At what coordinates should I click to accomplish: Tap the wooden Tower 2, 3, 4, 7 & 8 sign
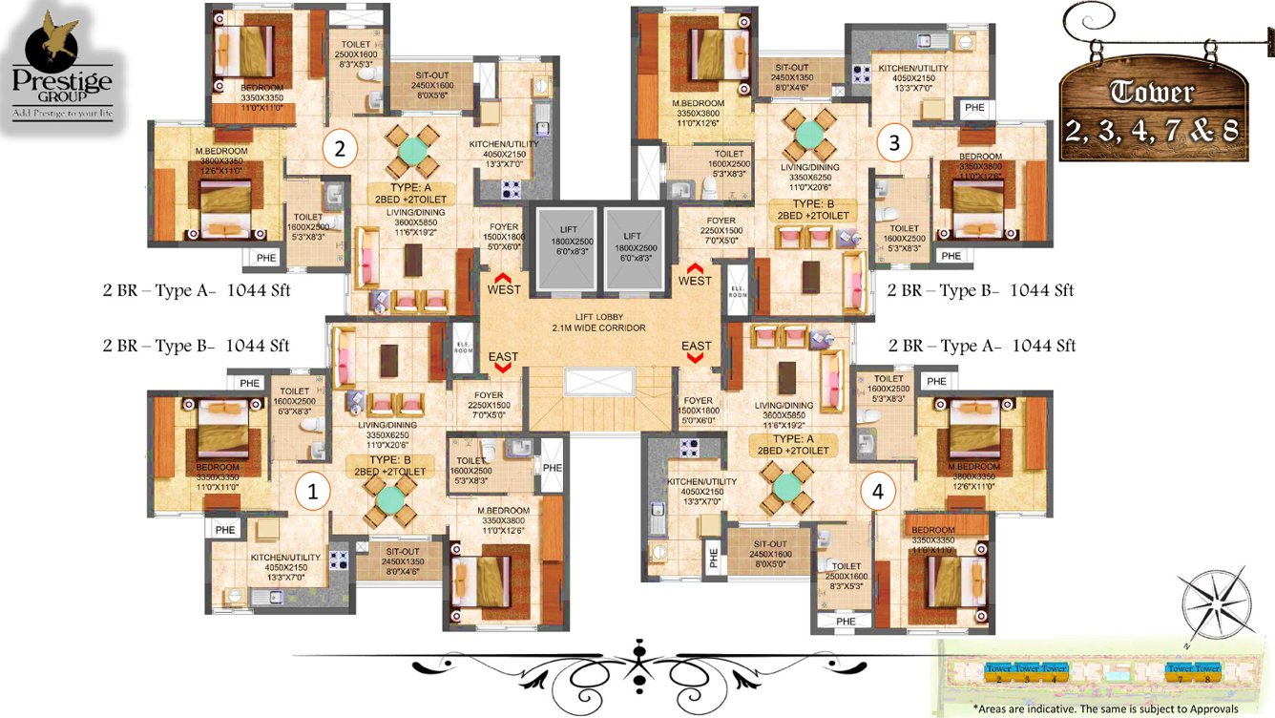point(1154,107)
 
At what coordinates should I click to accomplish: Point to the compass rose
point(1217,603)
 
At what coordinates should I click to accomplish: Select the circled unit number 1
point(310,492)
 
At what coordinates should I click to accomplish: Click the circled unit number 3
point(893,143)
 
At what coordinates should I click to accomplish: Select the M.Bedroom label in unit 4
point(972,468)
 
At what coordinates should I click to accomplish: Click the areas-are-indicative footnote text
point(1105,708)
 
